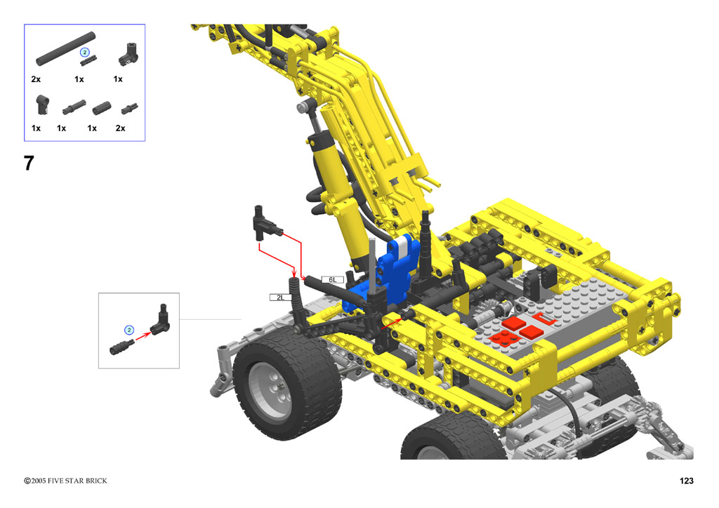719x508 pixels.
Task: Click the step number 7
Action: (29, 163)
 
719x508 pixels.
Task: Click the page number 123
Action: (686, 481)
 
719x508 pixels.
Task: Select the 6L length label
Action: (332, 279)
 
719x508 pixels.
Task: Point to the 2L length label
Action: (280, 298)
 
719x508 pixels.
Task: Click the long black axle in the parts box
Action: (65, 48)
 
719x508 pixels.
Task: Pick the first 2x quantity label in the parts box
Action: (36, 79)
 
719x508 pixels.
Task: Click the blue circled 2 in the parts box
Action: (84, 52)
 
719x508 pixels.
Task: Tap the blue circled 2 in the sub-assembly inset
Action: (129, 330)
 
